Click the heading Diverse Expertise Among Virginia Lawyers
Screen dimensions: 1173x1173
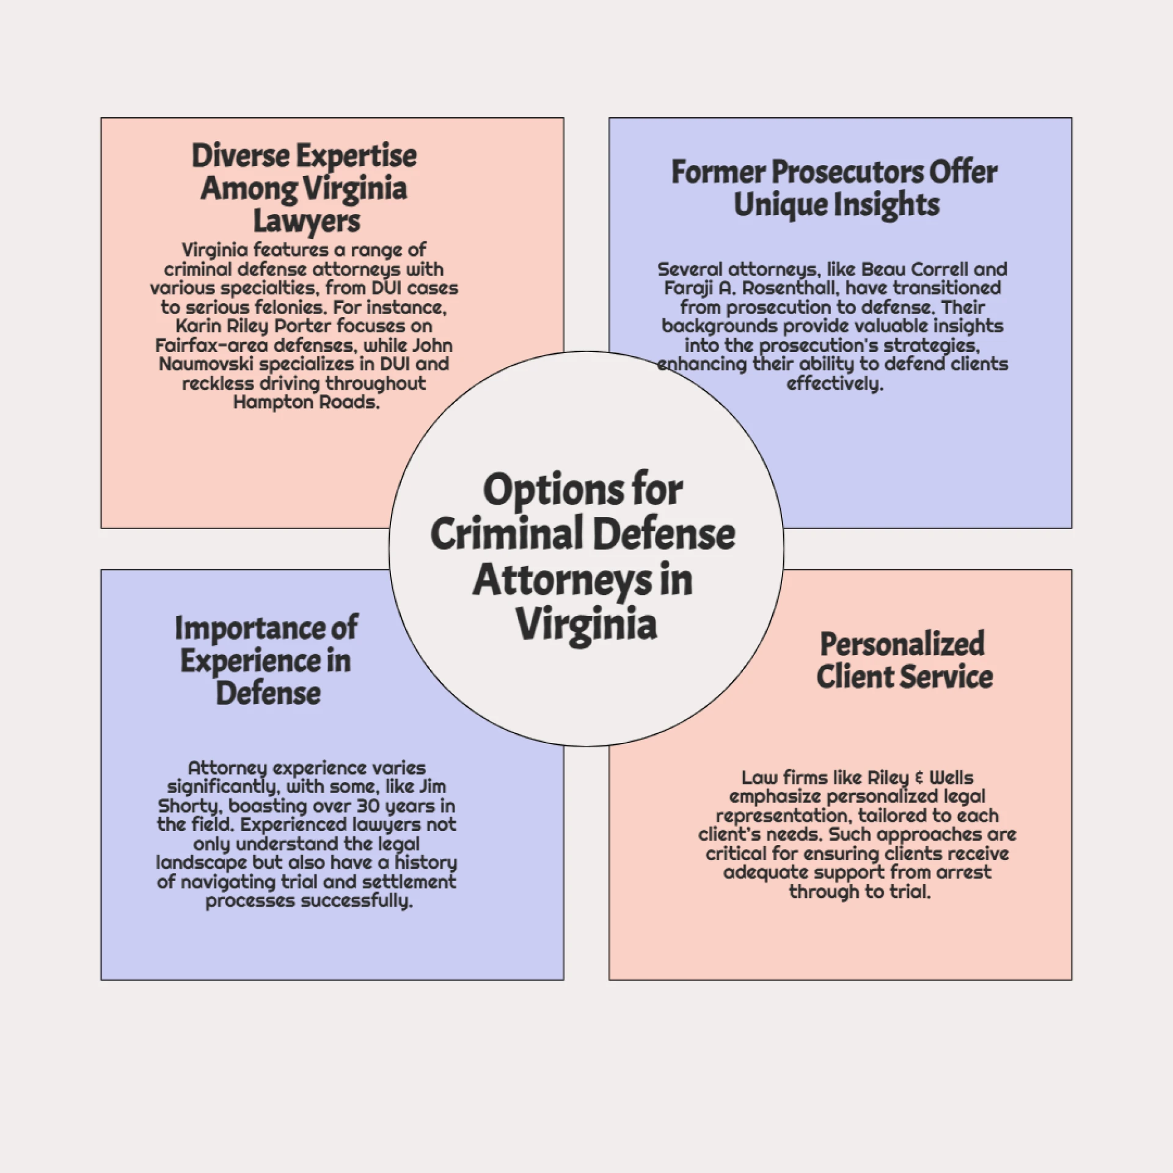(x=304, y=188)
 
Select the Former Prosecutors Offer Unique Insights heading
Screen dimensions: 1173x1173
(x=835, y=188)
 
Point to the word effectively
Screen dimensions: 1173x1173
(x=835, y=384)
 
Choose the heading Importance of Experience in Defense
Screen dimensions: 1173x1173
(x=266, y=661)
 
